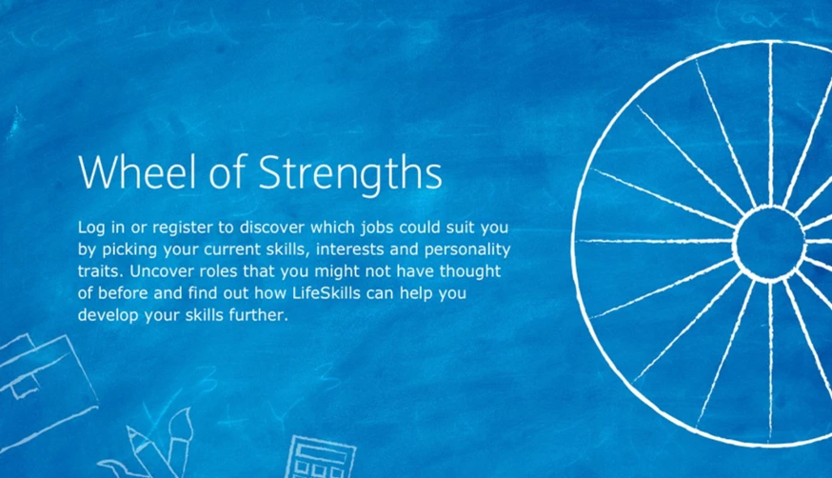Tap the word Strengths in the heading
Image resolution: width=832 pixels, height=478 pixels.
pos(350,174)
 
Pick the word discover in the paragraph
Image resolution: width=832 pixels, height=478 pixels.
pos(271,228)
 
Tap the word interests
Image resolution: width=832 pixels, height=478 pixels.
pos(347,249)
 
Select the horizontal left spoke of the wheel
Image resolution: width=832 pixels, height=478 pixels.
pos(656,242)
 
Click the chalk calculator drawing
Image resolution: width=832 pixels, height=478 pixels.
pos(321,457)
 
